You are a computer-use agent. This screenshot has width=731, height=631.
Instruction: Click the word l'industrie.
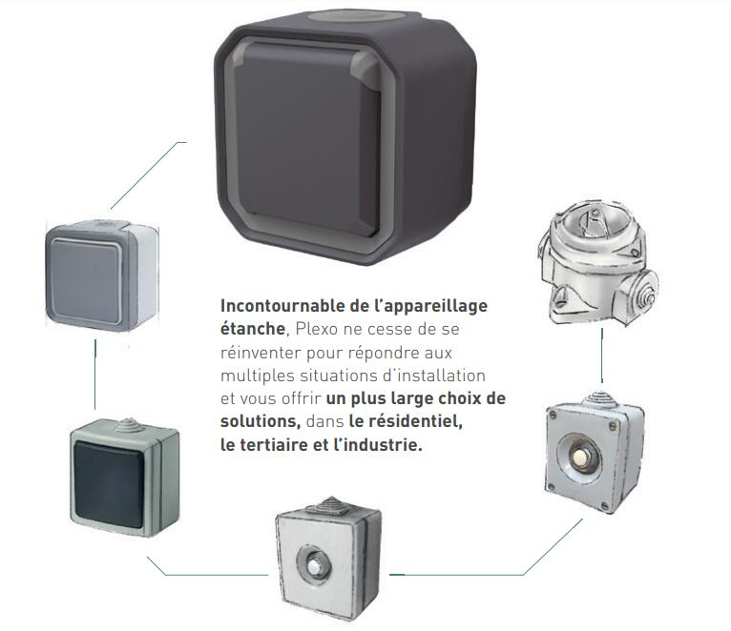point(380,444)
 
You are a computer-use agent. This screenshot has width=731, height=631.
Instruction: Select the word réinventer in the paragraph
point(257,352)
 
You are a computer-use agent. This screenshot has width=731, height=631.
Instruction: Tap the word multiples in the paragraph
point(253,375)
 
